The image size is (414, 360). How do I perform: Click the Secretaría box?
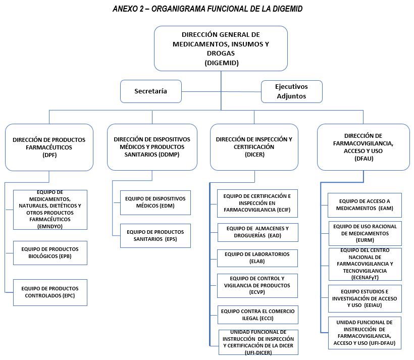151,91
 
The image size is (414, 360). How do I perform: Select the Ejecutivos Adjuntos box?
291,91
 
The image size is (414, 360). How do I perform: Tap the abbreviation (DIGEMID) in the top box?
222,63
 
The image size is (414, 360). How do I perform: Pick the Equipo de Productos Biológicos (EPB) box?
50,253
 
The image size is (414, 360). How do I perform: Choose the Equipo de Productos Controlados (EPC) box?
50,292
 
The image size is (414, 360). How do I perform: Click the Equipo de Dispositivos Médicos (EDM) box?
156,202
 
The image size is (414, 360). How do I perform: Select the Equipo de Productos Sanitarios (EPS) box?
156,236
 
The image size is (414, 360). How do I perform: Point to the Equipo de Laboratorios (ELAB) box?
257,258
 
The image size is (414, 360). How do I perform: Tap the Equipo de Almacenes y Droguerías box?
257,232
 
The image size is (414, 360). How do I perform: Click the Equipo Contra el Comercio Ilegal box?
257,315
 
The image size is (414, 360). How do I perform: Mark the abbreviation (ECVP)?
257,292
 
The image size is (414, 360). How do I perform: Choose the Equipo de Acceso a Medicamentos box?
365,205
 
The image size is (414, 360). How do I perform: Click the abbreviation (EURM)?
365,240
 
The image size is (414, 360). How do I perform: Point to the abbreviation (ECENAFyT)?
365,277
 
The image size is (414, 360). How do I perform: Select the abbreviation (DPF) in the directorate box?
49,155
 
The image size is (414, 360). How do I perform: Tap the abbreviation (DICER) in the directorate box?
254,155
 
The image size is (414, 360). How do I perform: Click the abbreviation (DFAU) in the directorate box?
364,159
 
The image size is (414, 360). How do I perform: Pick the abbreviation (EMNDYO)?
50,226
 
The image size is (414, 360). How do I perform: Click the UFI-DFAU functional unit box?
365,333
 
